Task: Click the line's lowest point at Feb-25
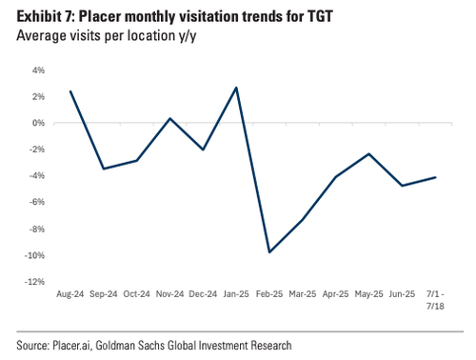click(x=269, y=252)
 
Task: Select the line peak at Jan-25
click(x=236, y=88)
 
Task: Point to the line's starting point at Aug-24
click(x=70, y=91)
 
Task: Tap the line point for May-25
click(x=368, y=153)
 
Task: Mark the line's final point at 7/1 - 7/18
click(x=435, y=177)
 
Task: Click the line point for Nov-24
click(x=169, y=118)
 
